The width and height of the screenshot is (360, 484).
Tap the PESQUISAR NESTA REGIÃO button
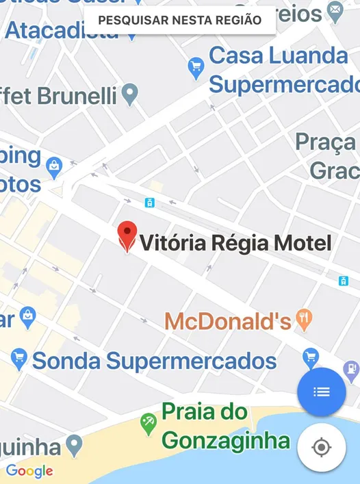[x=180, y=20]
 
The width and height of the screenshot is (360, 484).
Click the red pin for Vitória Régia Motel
[x=127, y=235]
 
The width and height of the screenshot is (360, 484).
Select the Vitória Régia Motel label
[x=235, y=243]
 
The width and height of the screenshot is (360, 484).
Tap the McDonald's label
[x=228, y=320]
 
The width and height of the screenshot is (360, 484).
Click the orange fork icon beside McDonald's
[x=304, y=318]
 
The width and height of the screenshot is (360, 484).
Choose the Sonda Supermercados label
[x=155, y=361]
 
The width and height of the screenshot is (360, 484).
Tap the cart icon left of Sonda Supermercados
[x=18, y=357]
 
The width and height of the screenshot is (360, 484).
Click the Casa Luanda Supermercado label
[x=281, y=70]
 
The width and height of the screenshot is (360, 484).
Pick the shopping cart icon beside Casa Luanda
[x=196, y=66]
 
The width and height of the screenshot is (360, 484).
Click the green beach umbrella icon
[x=148, y=424]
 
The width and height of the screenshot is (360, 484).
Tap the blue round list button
[x=321, y=392]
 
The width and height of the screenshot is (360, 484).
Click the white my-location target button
[x=321, y=448]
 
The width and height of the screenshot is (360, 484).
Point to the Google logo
[x=29, y=471]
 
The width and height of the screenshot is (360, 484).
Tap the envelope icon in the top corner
[x=335, y=10]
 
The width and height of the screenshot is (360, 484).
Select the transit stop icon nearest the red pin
[x=149, y=203]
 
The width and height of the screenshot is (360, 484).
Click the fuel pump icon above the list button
[x=352, y=370]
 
